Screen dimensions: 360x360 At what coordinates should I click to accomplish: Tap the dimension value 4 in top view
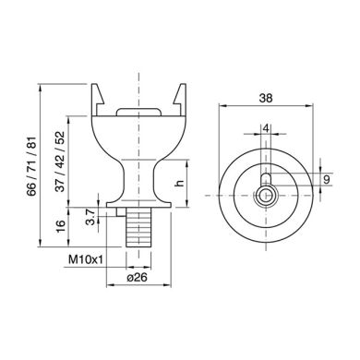(x=266, y=128)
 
